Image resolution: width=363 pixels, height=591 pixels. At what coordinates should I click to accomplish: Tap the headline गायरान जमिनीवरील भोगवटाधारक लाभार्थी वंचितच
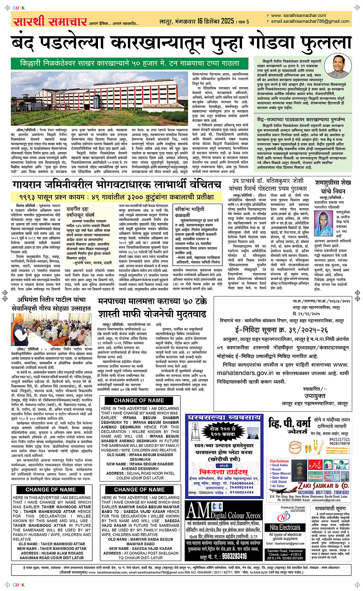pos(116,185)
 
